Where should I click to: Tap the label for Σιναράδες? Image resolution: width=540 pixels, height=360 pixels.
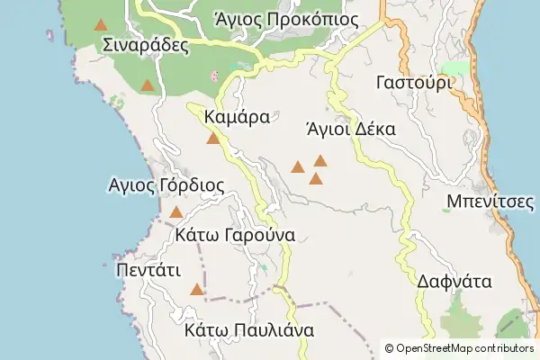coord(145,45)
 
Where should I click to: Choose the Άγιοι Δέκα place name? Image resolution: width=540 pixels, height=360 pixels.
coord(351,128)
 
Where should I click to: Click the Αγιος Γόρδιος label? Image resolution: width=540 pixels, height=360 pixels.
coord(166,185)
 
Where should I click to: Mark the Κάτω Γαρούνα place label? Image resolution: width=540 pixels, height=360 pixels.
coord(236,235)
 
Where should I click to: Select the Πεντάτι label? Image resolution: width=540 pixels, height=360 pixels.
coord(149,269)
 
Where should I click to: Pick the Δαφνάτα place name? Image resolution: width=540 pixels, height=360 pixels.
coord(454,281)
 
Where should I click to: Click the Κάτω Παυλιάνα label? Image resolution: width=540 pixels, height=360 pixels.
coord(248,330)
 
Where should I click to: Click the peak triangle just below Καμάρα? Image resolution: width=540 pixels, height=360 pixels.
coord(213,139)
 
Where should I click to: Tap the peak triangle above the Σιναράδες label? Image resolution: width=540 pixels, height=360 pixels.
coord(102,24)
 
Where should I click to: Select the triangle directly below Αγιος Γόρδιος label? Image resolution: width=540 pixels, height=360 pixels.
coord(176,212)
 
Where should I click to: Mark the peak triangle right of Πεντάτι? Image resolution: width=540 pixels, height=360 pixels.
coord(197,290)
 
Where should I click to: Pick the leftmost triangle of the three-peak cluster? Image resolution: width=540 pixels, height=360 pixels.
coord(298,166)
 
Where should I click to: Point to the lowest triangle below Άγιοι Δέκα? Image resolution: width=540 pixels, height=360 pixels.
coord(316,179)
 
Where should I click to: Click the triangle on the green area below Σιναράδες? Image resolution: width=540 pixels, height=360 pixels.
coord(148,85)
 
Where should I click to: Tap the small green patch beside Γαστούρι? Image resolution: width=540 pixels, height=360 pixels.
coord(456,69)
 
